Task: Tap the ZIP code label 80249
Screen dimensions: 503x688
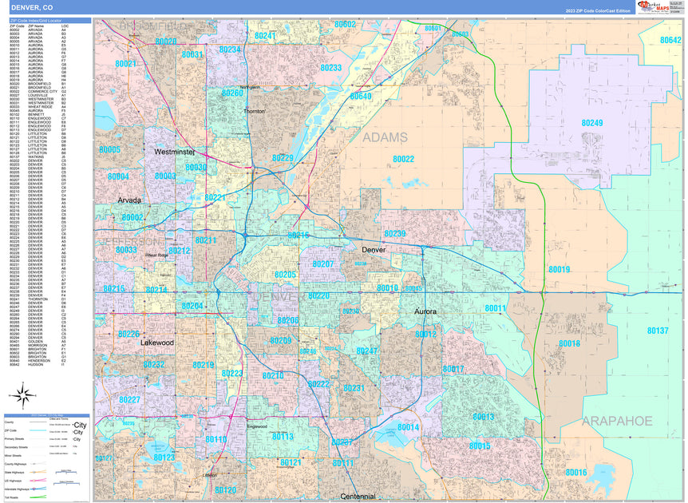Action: pos(591,123)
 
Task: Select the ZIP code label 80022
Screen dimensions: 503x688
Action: pos(398,159)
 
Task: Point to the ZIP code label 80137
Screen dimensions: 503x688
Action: pos(658,331)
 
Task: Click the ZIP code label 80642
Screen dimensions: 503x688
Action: pos(671,40)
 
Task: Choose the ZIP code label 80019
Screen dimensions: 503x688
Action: pos(559,270)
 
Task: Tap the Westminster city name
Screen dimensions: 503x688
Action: pos(175,151)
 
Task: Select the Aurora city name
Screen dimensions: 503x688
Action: pos(425,311)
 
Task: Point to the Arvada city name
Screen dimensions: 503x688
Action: pos(129,200)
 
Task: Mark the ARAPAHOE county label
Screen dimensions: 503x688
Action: pos(617,421)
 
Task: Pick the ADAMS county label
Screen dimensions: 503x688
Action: pos(385,137)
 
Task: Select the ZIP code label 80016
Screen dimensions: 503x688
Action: pos(576,473)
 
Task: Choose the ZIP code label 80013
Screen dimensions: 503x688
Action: pos(483,417)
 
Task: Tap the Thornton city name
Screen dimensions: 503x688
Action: pos(254,111)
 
